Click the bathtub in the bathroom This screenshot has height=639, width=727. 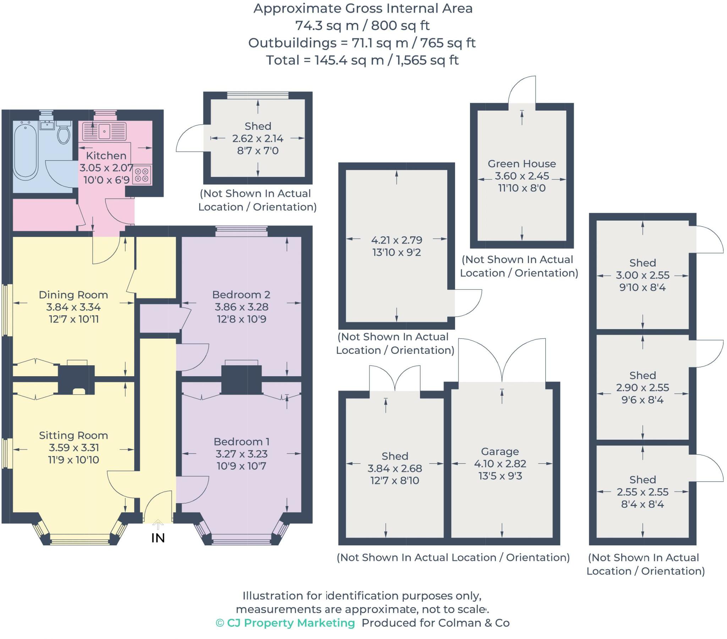coord(25,151)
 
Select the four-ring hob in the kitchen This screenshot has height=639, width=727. coord(142,175)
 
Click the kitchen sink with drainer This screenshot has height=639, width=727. coord(104,131)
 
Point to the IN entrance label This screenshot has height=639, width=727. coord(158,538)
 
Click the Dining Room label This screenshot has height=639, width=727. coord(73,295)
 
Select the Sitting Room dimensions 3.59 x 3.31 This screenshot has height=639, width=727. coord(73,448)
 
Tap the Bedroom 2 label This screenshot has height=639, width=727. coord(241,295)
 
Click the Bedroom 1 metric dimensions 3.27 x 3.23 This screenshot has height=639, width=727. coord(241,454)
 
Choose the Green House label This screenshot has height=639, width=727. coord(521,164)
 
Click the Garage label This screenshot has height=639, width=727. coord(500,451)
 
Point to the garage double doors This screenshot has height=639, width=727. coord(502,360)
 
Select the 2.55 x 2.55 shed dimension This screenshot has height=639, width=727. coord(643,492)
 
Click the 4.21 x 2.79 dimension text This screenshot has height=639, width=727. coord(397,240)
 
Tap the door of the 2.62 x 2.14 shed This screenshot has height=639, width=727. coord(190,138)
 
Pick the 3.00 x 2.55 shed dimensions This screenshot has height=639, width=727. coord(643,275)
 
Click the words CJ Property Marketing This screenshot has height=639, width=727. coord(291,623)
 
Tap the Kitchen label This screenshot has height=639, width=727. coord(106,156)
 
